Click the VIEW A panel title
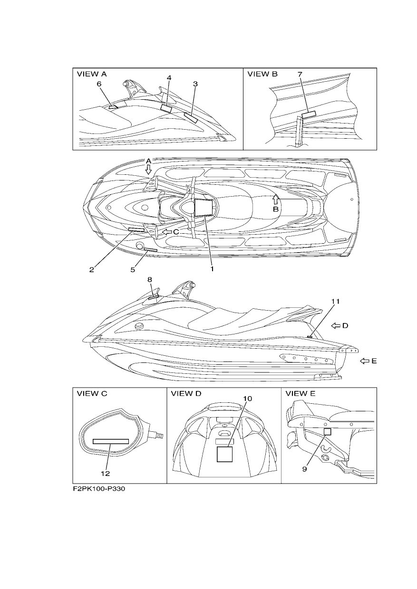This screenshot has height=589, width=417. pos(92,74)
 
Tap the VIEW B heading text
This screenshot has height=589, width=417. pos(262,74)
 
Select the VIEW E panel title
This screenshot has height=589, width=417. pos(301,394)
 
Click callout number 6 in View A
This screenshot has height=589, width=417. pos(99,84)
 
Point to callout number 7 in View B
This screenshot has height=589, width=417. pos(300,75)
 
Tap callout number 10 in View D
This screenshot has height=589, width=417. pos(247,399)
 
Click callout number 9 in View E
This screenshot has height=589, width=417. pos(305,469)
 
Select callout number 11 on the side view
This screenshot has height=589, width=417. pos(335,301)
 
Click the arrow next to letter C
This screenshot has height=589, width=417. pos(167,232)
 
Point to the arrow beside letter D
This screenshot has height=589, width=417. pos(336,326)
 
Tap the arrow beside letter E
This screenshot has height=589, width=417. pos(365,361)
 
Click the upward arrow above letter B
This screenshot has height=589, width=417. pos(275,199)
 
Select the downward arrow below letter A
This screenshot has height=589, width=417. pos(149,170)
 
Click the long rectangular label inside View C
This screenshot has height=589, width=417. pos(111,441)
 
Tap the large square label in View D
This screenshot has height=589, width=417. pos(224,454)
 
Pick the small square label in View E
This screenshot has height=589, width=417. pos(327,432)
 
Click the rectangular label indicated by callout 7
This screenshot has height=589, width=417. pos(309,114)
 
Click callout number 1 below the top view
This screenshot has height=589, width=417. pos(212,269)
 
